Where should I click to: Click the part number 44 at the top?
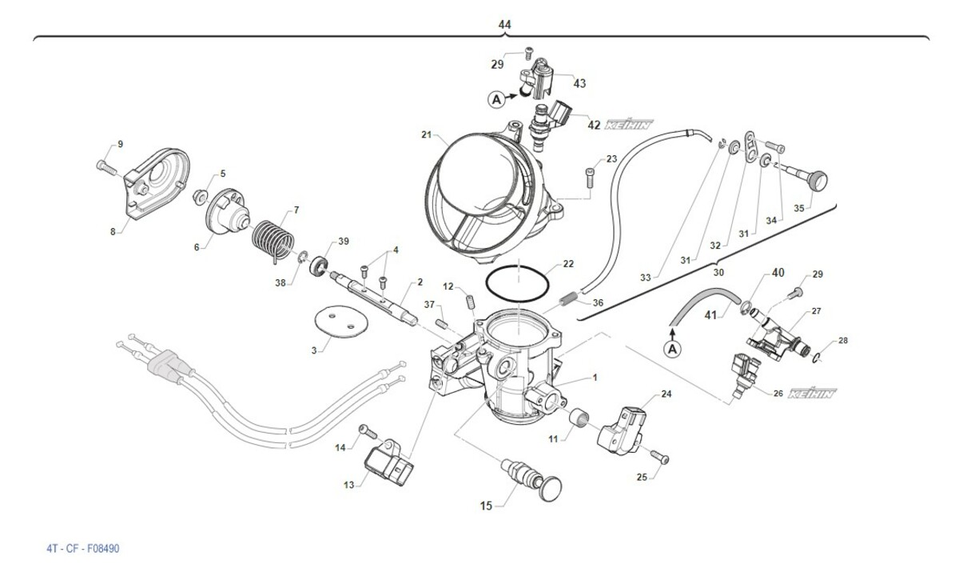tap(504, 25)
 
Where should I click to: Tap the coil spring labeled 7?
tap(273, 237)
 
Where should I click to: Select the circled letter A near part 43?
tap(496, 100)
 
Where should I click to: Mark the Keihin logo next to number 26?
tap(813, 394)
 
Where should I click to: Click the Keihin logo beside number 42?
tap(629, 125)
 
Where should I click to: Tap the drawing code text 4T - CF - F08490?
tap(83, 549)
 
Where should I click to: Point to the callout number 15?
tap(486, 505)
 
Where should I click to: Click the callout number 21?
tap(426, 134)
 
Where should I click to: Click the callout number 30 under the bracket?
tap(718, 272)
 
